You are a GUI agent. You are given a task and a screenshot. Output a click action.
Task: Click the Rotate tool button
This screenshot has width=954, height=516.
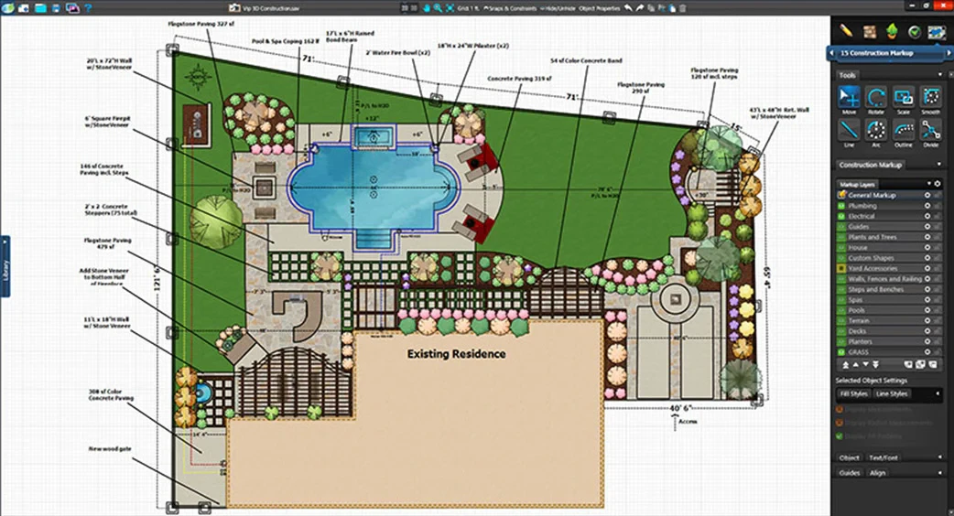(876, 102)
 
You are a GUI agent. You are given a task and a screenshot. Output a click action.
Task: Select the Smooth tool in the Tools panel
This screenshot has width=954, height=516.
(931, 102)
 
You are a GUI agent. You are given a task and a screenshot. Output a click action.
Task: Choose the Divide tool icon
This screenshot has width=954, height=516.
(931, 134)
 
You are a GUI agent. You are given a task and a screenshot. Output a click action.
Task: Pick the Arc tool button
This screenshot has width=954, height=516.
(876, 134)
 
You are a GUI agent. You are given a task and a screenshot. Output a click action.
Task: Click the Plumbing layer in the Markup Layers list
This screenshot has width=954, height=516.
(862, 206)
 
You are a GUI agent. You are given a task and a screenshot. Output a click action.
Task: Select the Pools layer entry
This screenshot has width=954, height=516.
(857, 310)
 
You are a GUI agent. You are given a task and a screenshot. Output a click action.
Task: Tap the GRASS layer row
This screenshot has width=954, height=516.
(859, 352)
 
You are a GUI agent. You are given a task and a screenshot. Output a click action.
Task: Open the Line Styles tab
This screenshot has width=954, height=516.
(892, 394)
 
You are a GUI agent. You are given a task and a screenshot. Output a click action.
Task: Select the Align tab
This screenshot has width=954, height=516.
(877, 473)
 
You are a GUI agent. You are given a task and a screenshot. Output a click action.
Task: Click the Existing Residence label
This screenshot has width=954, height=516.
(456, 354)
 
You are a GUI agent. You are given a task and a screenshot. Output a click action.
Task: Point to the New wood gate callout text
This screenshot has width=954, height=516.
(112, 449)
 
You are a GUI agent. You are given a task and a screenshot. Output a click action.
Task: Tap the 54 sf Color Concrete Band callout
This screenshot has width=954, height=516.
(586, 61)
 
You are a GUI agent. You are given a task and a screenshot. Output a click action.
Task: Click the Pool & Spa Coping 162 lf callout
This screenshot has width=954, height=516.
(287, 41)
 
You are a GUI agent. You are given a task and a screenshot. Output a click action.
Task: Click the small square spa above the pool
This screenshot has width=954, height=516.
(372, 137)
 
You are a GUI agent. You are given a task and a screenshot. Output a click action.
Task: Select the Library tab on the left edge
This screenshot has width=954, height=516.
(5, 265)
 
